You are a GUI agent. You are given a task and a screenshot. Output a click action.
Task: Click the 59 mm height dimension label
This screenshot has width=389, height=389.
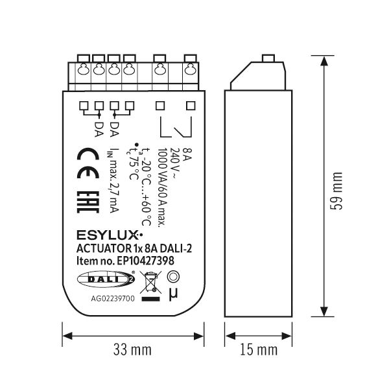click(336, 191)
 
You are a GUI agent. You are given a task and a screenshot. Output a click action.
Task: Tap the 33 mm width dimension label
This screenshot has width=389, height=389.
click(132, 349)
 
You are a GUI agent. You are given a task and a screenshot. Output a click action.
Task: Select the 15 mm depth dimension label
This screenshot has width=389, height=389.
click(259, 349)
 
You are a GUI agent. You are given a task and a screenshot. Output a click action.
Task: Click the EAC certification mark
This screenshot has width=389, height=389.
click(88, 202)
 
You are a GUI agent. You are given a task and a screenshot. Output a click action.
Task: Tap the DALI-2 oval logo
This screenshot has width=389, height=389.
click(106, 279)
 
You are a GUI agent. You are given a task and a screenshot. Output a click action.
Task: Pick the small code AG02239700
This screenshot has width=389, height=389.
click(113, 298)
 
